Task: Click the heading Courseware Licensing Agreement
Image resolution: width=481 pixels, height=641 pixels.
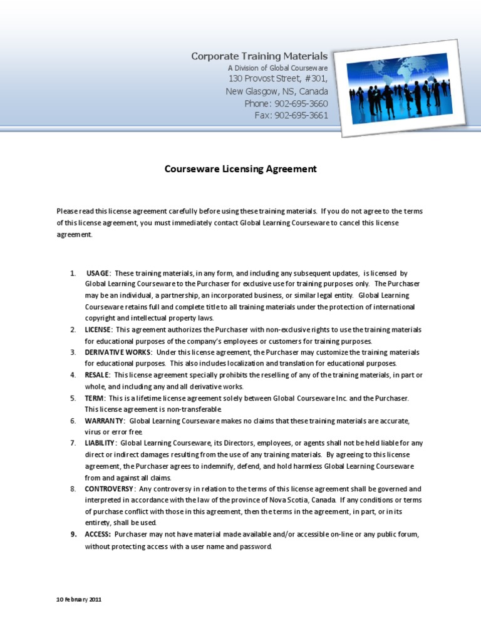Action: coord(240,169)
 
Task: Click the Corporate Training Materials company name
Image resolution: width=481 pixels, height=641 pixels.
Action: coord(259,56)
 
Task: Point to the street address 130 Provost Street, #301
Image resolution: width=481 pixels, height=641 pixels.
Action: coord(278,79)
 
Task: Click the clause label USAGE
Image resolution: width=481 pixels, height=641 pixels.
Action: coord(98,274)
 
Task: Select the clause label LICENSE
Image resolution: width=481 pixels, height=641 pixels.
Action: coord(99,330)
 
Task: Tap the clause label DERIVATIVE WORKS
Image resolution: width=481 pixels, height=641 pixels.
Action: coord(118,352)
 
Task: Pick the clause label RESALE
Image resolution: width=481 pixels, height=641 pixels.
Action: coord(98,375)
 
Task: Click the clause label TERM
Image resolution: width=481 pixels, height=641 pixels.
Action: coord(95,397)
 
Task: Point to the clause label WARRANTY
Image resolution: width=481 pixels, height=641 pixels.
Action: coord(105,420)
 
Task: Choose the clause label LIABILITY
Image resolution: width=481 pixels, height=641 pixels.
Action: coord(101,443)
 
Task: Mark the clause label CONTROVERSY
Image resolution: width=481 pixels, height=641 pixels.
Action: coord(109,488)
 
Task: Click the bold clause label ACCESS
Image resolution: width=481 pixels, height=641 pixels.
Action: coord(98,534)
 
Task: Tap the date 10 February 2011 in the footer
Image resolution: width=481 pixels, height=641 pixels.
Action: coord(79,600)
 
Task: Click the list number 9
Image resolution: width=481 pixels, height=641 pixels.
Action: coord(73,534)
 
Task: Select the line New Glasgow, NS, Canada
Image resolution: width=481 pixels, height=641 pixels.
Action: coord(276,91)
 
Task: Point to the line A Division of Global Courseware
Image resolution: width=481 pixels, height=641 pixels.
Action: coord(277,68)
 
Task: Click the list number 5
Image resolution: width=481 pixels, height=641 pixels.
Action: coord(73,397)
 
